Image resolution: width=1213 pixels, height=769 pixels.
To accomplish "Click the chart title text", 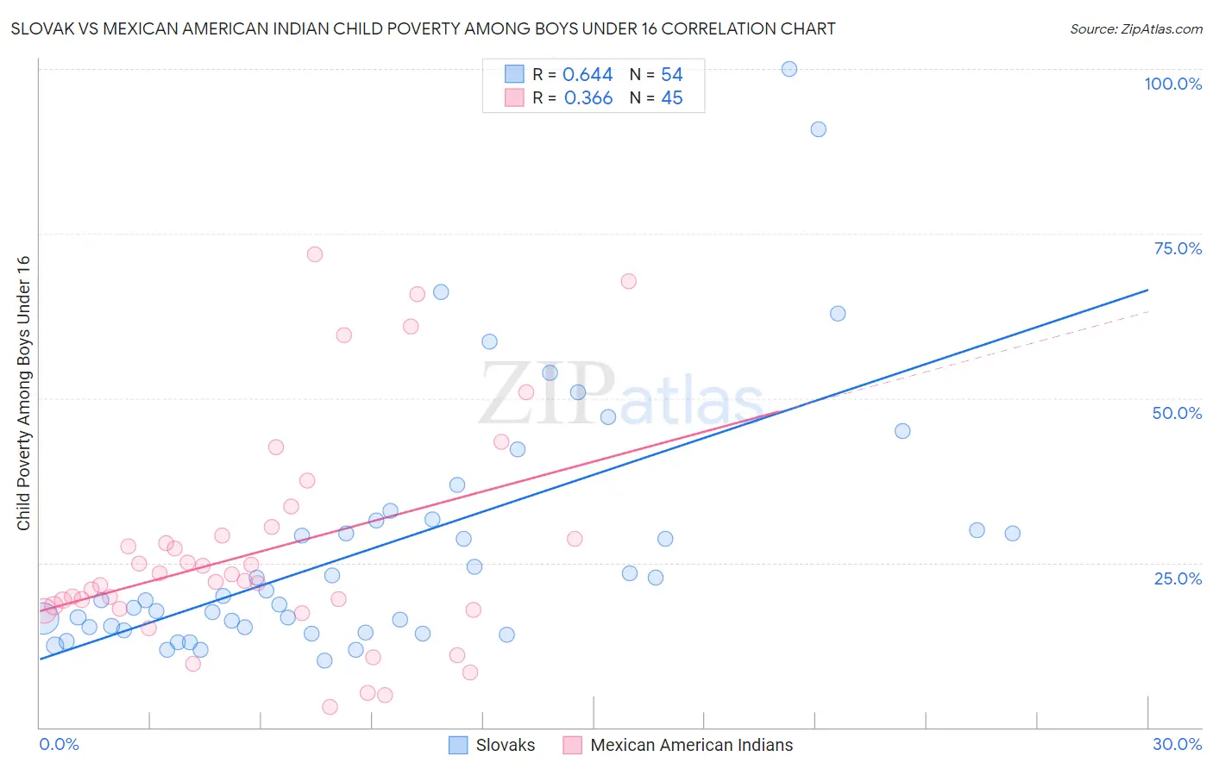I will (423, 28).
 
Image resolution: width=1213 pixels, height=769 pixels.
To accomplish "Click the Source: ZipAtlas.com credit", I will (1135, 28).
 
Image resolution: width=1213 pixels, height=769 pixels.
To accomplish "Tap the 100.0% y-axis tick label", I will (1172, 84).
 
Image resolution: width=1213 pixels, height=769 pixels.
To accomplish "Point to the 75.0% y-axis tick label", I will (1178, 248).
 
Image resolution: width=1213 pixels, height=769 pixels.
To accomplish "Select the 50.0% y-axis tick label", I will (1177, 413).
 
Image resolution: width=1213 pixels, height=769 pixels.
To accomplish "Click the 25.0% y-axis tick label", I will (1178, 578).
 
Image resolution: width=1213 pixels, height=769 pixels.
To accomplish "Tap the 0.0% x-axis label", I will (59, 744).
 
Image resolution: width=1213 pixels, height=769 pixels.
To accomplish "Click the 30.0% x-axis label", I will (1177, 744).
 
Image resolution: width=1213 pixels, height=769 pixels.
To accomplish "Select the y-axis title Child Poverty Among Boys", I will (23, 393).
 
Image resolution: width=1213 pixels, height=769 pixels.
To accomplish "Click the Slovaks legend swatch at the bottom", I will (458, 745).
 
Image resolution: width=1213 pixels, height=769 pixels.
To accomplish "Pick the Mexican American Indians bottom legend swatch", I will (572, 745).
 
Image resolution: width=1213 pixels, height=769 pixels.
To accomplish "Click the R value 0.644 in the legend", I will (588, 75).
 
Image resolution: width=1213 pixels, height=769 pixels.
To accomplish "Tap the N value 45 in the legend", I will (671, 98).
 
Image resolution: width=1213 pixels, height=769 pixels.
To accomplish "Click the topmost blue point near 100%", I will (789, 69).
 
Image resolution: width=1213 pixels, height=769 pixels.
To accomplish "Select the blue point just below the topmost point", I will (818, 129).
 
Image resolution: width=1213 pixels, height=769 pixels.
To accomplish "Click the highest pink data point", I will (315, 254).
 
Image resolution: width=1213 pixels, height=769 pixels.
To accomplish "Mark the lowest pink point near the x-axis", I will (330, 707).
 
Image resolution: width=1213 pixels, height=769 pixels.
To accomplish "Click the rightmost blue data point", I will (1012, 534).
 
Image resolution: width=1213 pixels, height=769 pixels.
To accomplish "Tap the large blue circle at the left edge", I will (43, 617).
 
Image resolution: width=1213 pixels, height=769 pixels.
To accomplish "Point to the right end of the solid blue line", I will (1147, 291).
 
